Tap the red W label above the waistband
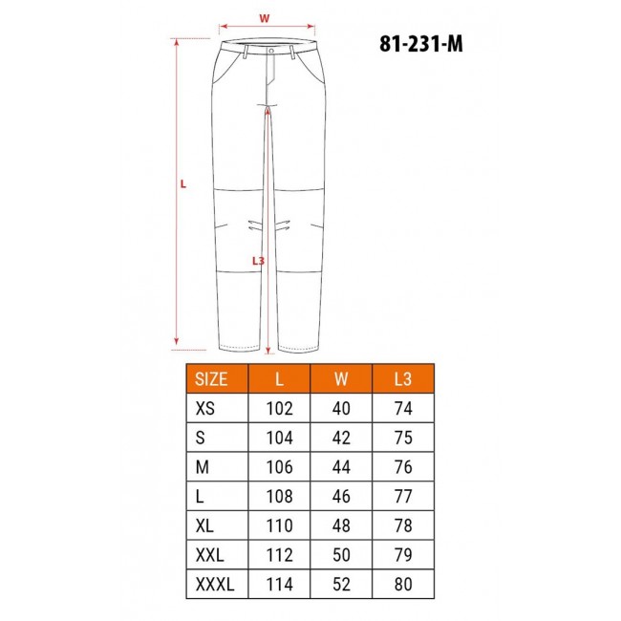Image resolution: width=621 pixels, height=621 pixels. tap(265, 17)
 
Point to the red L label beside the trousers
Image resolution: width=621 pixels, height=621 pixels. tap(182, 184)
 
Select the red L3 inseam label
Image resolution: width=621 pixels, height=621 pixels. tap(257, 260)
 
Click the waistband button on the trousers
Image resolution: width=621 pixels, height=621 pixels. tap(271, 50)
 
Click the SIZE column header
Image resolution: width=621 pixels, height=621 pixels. tap(211, 378)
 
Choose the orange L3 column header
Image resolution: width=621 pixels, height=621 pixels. tap(402, 378)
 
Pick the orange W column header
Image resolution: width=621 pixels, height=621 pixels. tap(340, 378)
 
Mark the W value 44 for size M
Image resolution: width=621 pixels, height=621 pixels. tap(340, 466)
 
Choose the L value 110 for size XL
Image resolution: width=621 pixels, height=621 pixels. tap(279, 526)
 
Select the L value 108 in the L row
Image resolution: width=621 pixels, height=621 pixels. tap(279, 496)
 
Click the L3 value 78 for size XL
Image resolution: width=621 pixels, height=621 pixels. tap(402, 526)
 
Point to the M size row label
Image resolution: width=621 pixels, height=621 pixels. tap(202, 466)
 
